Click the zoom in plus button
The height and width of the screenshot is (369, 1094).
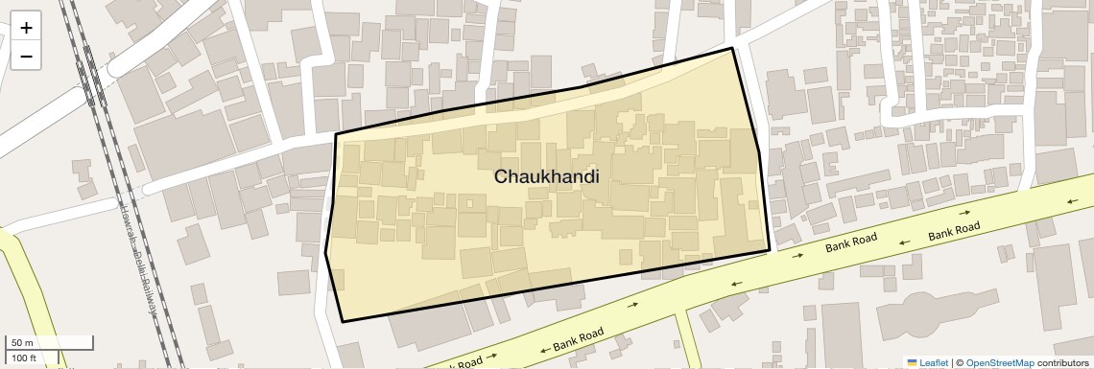point(26,28)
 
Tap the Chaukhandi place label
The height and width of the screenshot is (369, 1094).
point(546,177)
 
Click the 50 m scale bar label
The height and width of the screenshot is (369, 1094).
point(22,343)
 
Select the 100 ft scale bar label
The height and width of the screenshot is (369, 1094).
point(24,358)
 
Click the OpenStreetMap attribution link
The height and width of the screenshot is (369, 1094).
point(999,362)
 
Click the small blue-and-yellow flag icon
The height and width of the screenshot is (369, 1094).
point(913,362)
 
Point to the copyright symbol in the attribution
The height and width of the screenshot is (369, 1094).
point(959,362)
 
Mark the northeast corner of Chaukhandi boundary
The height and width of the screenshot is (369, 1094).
point(732,48)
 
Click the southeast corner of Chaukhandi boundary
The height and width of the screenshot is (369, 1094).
point(770,251)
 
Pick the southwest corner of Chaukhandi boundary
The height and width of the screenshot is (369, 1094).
point(343,321)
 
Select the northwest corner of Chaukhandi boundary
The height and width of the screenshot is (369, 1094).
point(336,134)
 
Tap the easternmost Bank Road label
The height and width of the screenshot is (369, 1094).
point(955,231)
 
